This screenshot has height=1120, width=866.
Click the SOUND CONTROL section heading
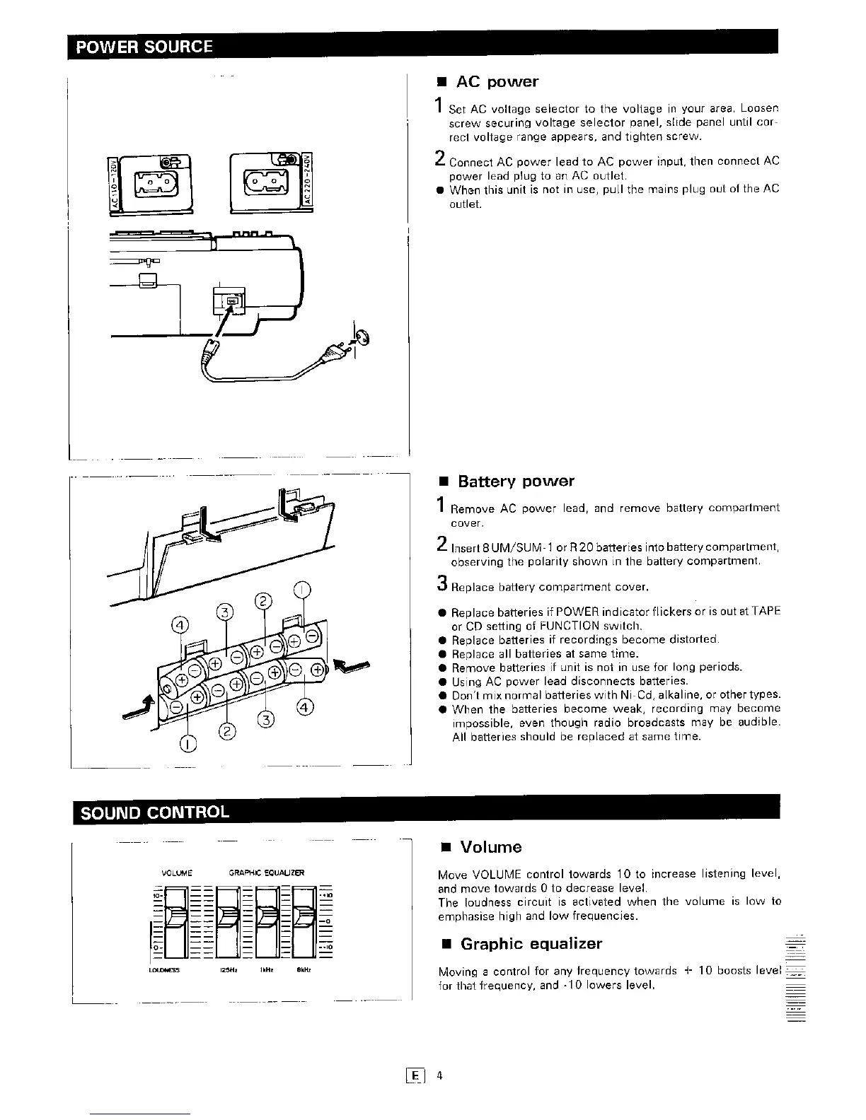click(x=155, y=812)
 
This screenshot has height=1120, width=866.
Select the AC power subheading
click(x=497, y=82)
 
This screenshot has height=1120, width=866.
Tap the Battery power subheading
click(x=515, y=482)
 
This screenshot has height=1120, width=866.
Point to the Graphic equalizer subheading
click(x=531, y=944)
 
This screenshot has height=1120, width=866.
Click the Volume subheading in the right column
click(x=490, y=847)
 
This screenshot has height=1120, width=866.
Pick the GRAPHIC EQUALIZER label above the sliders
click(x=266, y=873)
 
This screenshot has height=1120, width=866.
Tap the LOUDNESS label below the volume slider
click(x=164, y=970)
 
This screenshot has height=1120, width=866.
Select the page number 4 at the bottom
click(x=439, y=1076)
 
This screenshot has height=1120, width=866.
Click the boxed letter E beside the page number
click(x=415, y=1076)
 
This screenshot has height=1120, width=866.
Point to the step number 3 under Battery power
click(x=441, y=584)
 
